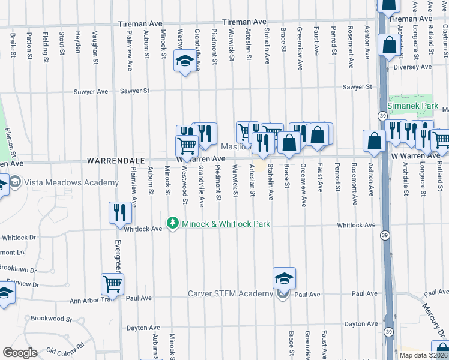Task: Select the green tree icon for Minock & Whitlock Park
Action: click(x=173, y=224)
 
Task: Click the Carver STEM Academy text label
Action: click(x=231, y=293)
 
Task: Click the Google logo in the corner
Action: click(x=19, y=353)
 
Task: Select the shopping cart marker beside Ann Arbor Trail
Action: click(x=112, y=284)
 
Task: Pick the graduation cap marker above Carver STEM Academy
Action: click(x=284, y=278)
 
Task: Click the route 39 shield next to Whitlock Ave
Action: click(x=382, y=236)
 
